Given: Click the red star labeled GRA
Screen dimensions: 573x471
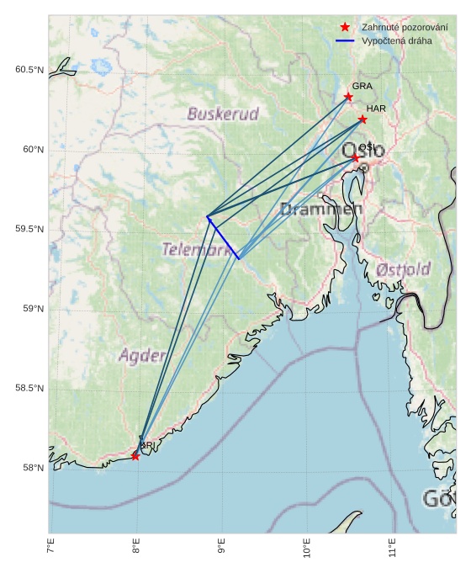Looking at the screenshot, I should [348, 97].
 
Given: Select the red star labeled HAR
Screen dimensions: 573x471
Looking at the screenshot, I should [363, 119].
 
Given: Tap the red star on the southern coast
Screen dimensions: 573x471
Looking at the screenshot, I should [135, 456].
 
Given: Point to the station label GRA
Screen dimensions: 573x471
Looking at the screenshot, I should [362, 86].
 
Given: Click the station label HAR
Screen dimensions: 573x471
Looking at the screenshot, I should [376, 109].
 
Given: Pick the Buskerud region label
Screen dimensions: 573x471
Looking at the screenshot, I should [223, 114].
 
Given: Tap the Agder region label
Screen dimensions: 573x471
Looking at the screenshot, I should [142, 355].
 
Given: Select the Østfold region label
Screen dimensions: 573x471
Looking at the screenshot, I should [404, 269].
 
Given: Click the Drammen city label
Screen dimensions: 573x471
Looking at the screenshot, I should [320, 209].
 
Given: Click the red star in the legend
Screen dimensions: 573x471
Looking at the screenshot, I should [345, 28].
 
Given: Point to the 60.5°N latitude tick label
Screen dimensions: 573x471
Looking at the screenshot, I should [29, 70].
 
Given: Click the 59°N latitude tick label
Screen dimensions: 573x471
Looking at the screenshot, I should [32, 309].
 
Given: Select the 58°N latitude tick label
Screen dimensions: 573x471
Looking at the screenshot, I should [32, 468].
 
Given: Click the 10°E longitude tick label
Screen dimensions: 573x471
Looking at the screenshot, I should [307, 552].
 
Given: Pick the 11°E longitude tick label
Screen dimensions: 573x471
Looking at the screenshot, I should [393, 552].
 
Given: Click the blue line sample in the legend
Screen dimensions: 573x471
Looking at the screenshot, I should [345, 40].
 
